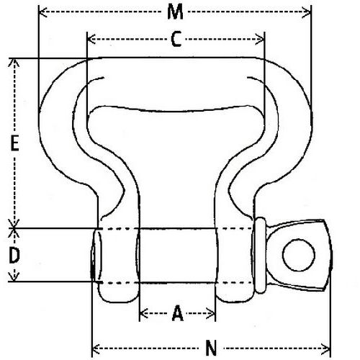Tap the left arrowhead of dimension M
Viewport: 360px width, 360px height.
[x=41, y=13]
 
